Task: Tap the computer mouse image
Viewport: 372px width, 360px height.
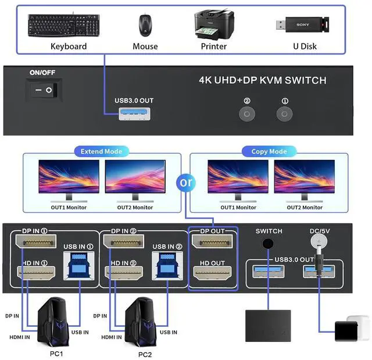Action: click(x=145, y=26)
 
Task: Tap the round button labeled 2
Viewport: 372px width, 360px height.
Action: click(x=247, y=113)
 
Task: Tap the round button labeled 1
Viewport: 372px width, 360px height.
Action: click(x=284, y=113)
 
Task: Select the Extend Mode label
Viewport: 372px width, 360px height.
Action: click(x=101, y=151)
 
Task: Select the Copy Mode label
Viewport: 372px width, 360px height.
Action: click(x=269, y=151)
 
